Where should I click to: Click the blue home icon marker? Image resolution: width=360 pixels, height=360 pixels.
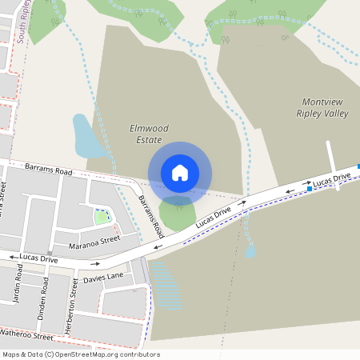point(180,173)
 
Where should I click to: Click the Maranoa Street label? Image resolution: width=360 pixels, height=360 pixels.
point(94,238)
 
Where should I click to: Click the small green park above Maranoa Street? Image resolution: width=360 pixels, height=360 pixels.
point(102,216)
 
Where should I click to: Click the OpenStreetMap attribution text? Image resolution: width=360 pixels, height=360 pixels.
point(81,354)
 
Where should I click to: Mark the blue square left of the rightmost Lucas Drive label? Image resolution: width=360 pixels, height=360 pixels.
point(309,190)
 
